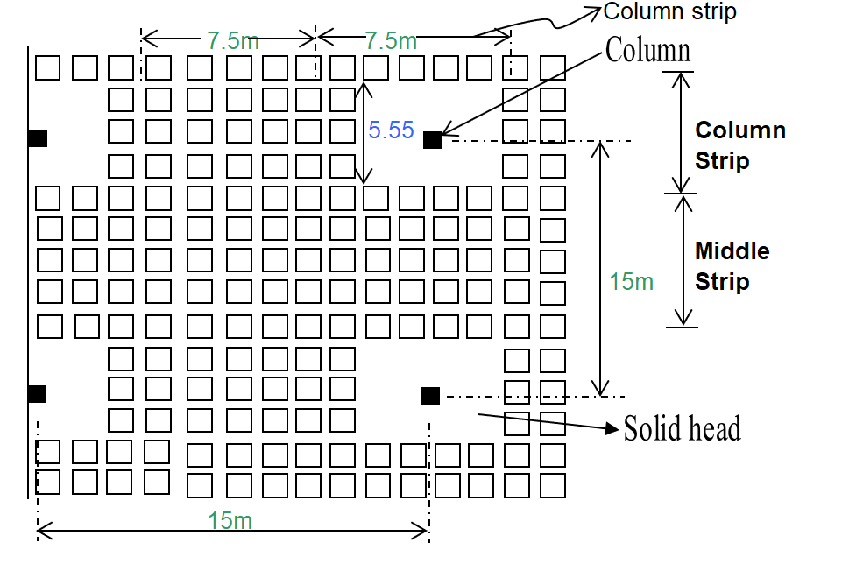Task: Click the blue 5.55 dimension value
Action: click(x=391, y=130)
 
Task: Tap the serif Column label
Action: click(x=647, y=51)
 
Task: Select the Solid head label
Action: click(x=682, y=428)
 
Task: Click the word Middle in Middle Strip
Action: click(x=732, y=251)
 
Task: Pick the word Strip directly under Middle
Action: click(x=722, y=282)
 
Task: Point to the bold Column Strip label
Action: click(x=739, y=145)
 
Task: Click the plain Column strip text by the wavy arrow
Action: click(x=670, y=11)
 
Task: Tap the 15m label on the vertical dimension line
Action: click(x=632, y=282)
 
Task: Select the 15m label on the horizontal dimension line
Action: click(x=230, y=520)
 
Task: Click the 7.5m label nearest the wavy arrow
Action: click(x=391, y=40)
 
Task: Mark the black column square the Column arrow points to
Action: click(x=432, y=140)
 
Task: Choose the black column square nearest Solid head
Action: click(x=430, y=396)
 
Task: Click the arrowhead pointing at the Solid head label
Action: click(x=612, y=428)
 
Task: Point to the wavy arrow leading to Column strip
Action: click(x=543, y=21)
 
